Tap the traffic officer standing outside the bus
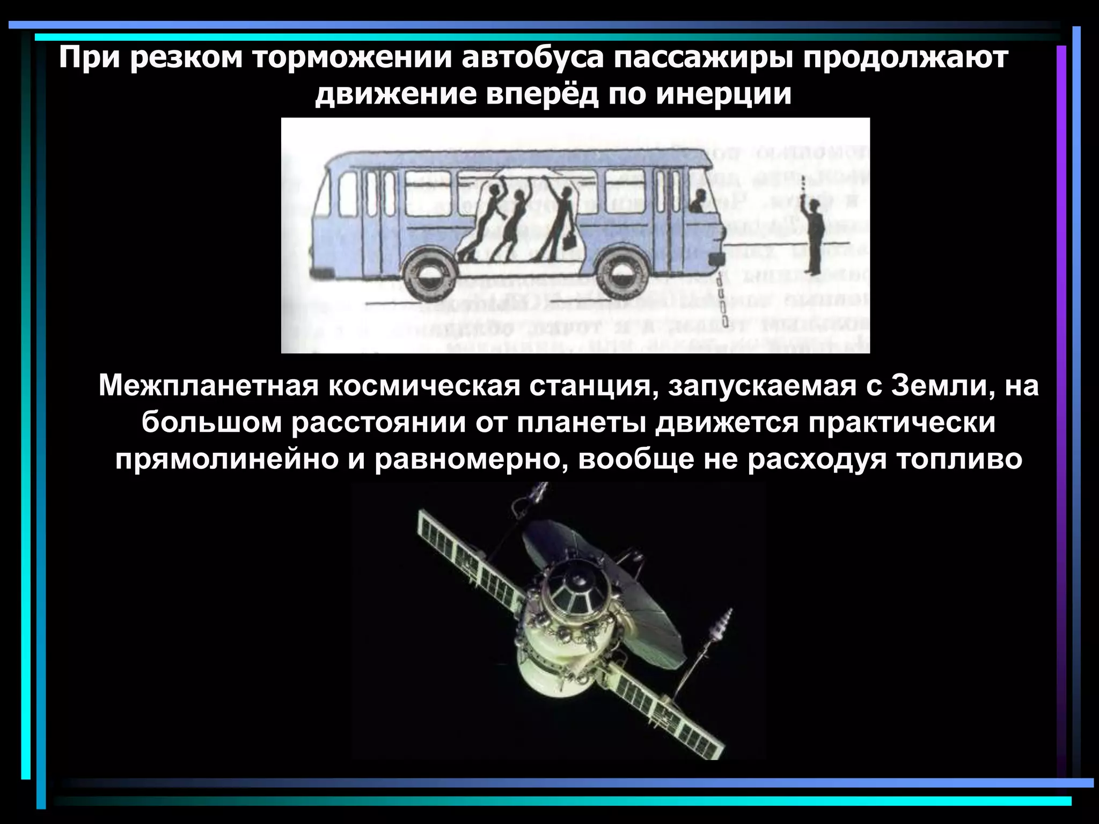pyautogui.click(x=814, y=236)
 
